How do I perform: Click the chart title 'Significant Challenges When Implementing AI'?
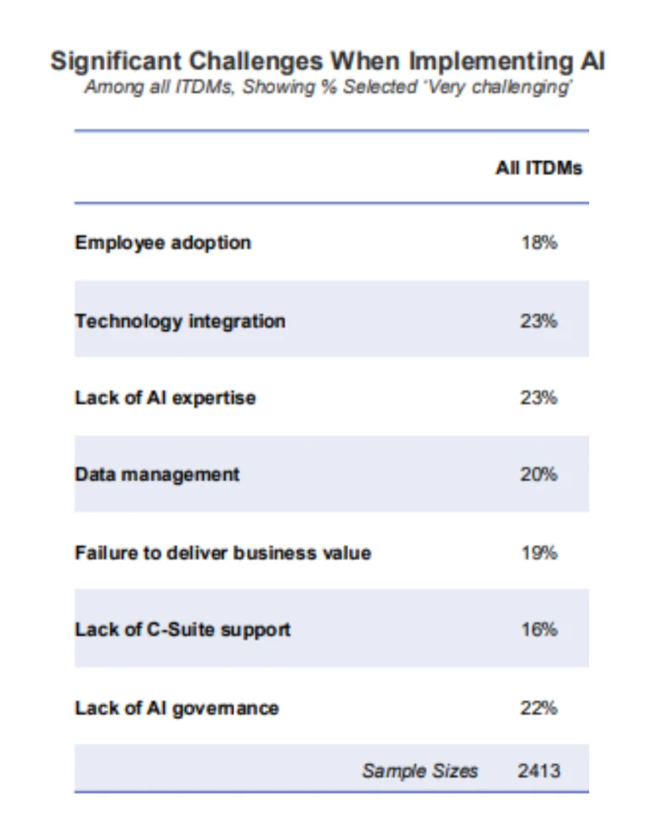coord(327,62)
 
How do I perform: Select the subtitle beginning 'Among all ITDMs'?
coord(327,88)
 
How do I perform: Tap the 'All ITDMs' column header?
coord(538,168)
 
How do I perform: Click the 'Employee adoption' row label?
coord(163,243)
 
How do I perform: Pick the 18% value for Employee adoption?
coord(538,243)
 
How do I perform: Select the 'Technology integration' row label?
coord(180,321)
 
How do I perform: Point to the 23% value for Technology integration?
coord(538,321)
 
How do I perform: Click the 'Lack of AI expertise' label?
coord(165,397)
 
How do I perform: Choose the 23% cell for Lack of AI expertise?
coord(538,397)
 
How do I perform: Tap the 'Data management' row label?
coord(157,475)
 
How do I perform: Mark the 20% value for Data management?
coord(538,475)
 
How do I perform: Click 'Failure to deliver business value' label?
coord(222,553)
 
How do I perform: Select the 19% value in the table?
coord(538,553)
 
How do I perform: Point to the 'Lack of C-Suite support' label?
coord(183,630)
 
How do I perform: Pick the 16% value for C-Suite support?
coord(538,630)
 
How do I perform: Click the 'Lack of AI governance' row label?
coord(177,708)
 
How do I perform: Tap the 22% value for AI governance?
coord(538,708)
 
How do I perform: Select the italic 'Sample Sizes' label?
coord(419,771)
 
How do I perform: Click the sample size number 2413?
coord(538,771)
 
